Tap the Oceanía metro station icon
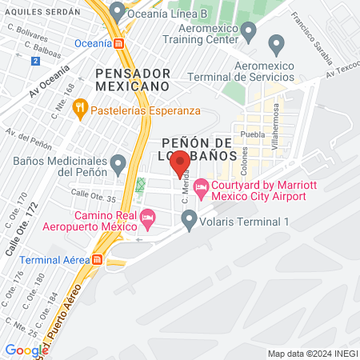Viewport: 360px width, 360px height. point(119,43)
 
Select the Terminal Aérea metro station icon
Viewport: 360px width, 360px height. point(97,259)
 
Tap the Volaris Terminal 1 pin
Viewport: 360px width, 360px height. point(189,218)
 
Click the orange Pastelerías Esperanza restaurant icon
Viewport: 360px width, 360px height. point(80,110)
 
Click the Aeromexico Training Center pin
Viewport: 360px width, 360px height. point(248,32)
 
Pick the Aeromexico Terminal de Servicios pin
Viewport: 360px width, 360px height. point(277,45)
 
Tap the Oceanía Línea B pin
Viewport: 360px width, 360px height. point(118,11)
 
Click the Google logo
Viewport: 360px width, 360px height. point(26,350)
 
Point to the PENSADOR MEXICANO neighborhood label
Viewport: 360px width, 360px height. point(132,78)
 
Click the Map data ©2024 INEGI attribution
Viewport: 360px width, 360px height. point(311,354)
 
